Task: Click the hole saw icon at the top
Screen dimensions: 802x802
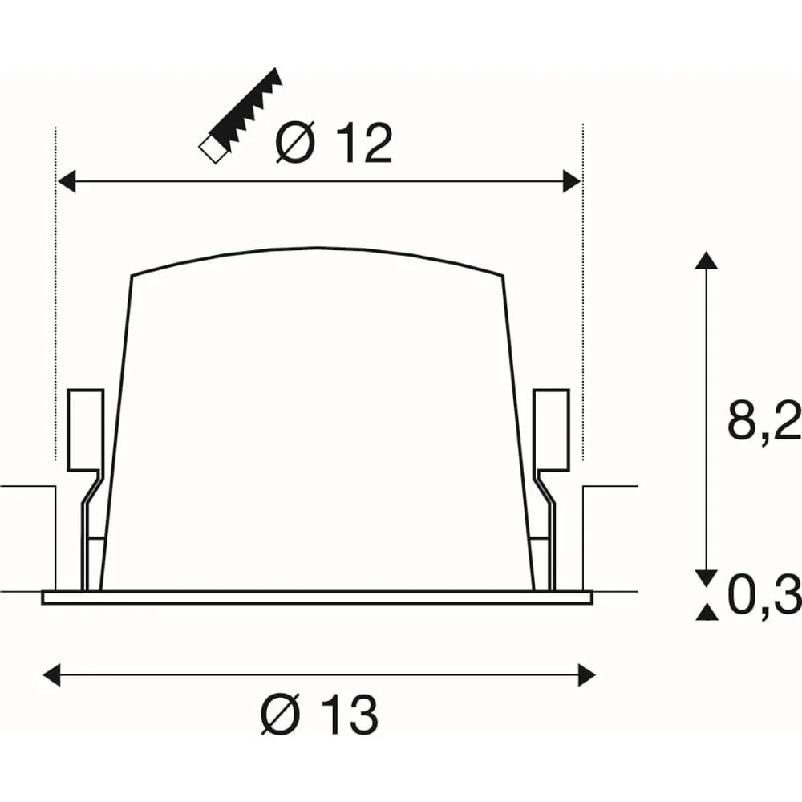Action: click(x=241, y=115)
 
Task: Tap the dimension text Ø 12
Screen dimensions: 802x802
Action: click(x=334, y=144)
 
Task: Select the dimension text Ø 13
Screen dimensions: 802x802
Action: click(x=320, y=715)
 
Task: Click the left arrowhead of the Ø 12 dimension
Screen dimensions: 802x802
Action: click(x=67, y=181)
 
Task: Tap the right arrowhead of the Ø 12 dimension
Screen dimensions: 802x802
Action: click(x=572, y=181)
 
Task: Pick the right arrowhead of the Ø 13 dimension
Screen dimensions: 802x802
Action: click(x=587, y=674)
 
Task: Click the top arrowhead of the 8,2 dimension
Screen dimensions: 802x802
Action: click(x=707, y=260)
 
